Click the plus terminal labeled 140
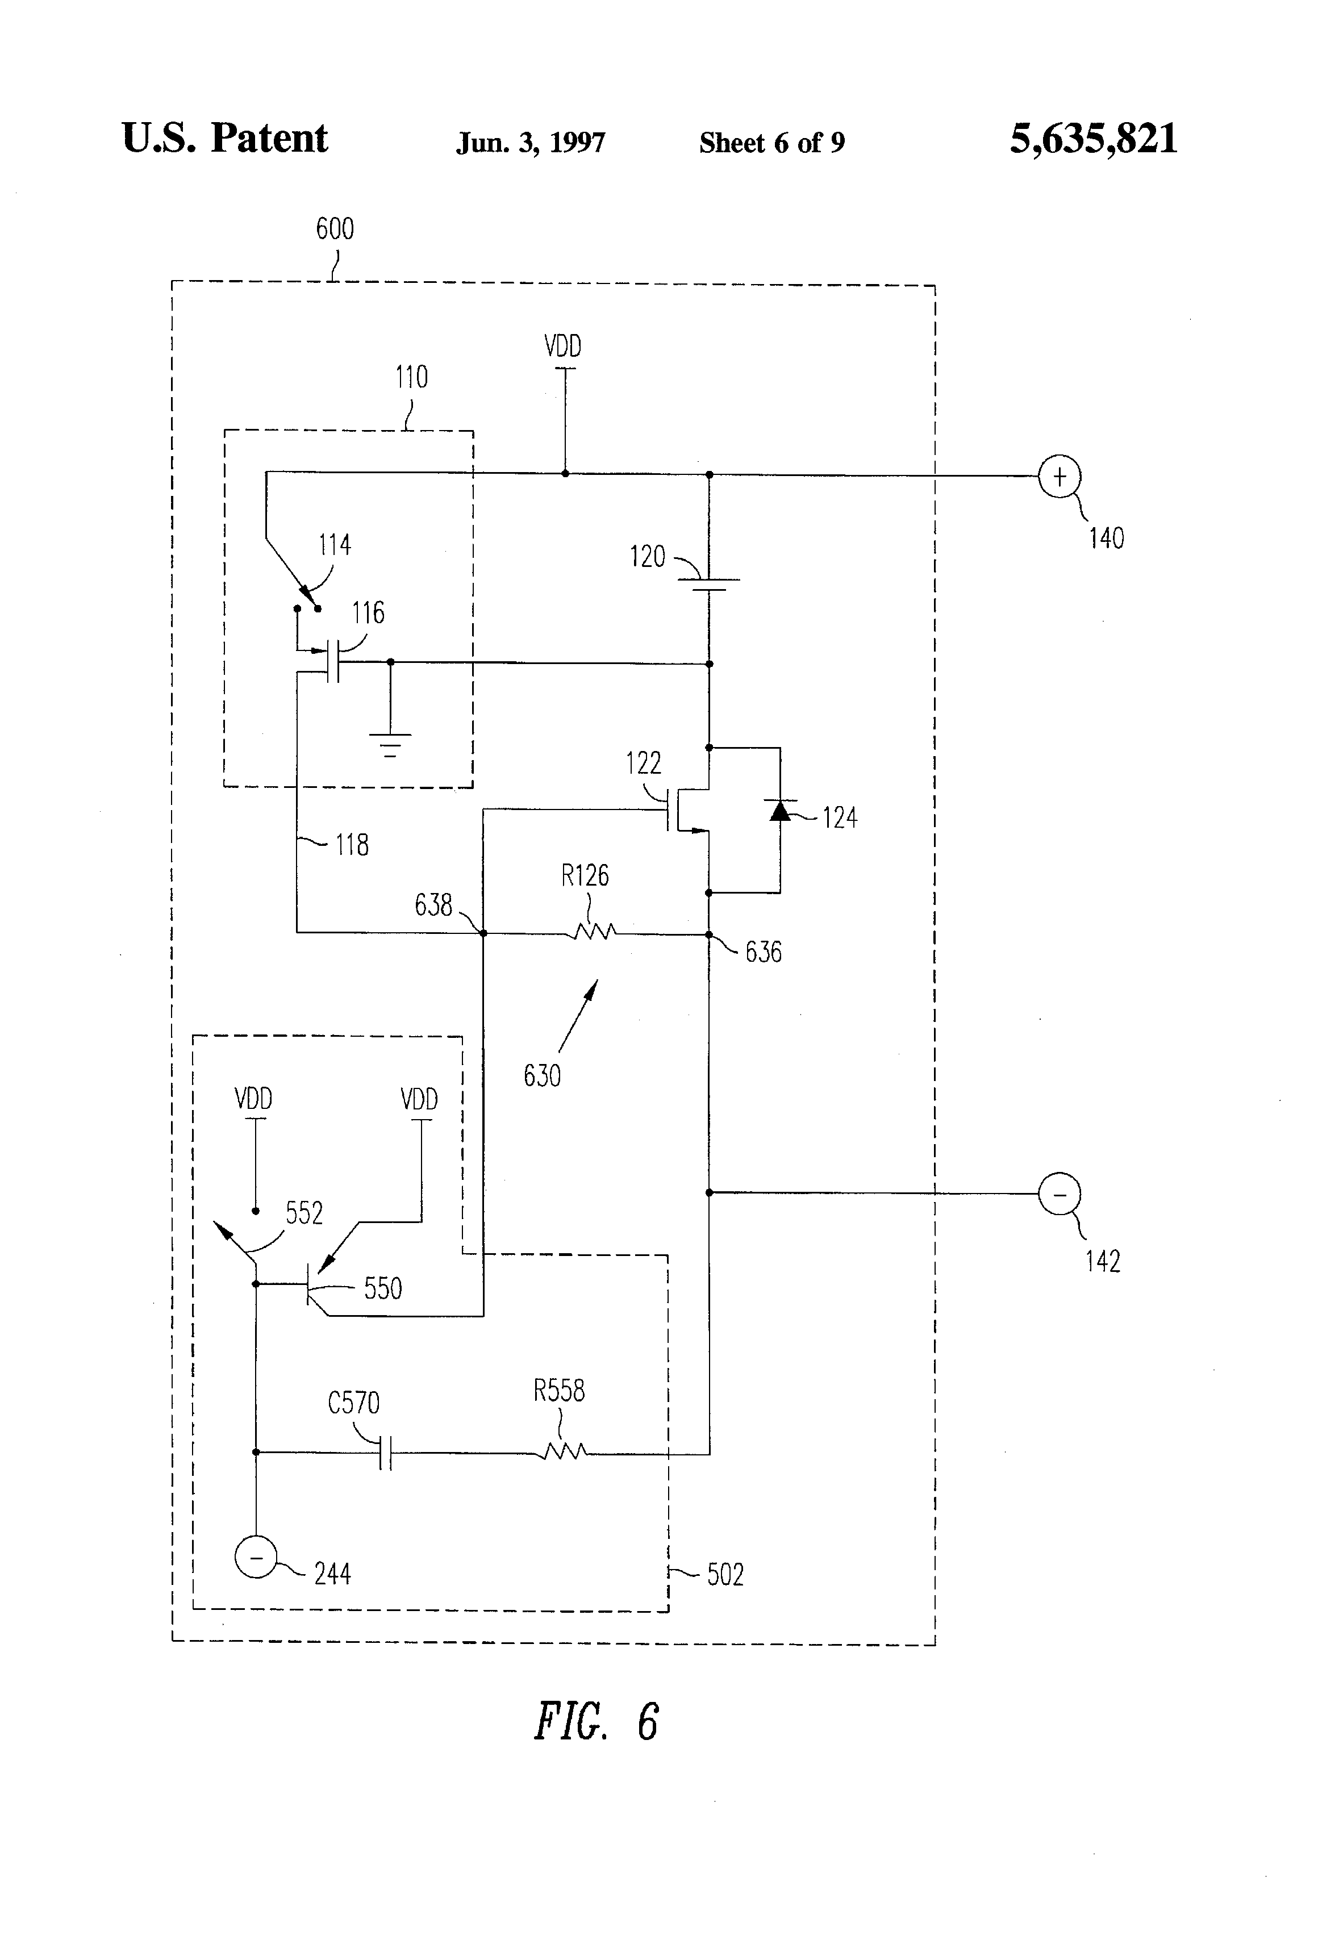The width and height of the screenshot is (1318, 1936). click(1059, 477)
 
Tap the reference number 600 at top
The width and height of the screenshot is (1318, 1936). click(335, 229)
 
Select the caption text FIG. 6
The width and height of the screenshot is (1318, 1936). click(596, 1722)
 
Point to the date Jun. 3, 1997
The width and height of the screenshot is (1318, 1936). click(531, 143)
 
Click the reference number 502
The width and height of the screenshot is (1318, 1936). click(725, 1575)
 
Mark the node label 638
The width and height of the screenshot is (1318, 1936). click(433, 905)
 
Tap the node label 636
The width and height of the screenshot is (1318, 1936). click(763, 952)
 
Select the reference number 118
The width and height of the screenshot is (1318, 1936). click(352, 845)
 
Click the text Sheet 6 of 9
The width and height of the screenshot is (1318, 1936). click(771, 143)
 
